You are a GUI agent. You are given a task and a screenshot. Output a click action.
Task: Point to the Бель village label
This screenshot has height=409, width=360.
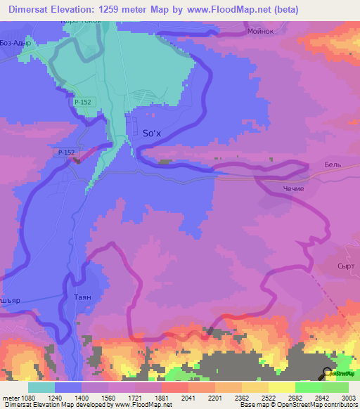pyautogui.click(x=332, y=163)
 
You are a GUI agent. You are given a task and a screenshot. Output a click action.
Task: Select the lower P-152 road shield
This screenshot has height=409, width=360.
pyautogui.click(x=66, y=152)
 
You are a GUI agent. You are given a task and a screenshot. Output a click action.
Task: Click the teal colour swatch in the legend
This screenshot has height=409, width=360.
pyautogui.click(x=41, y=387)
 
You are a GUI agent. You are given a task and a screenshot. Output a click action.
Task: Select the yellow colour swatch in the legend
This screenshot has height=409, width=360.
pyautogui.click(x=281, y=387)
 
